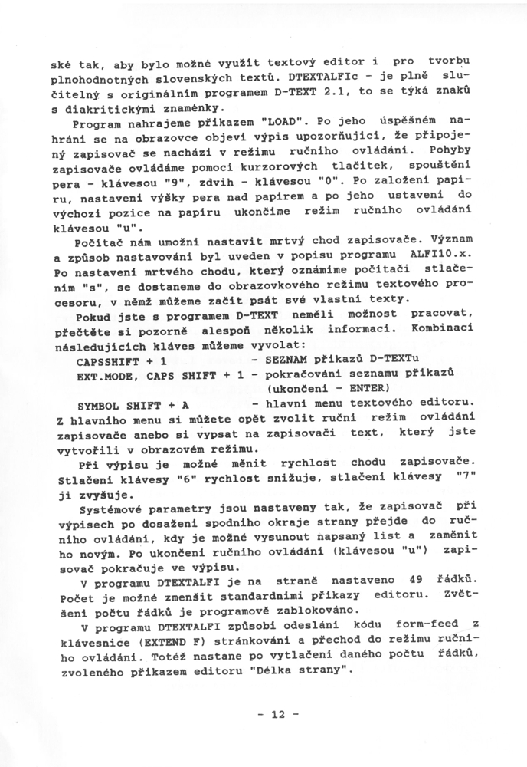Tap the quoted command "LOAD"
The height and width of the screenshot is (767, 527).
click(283, 122)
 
